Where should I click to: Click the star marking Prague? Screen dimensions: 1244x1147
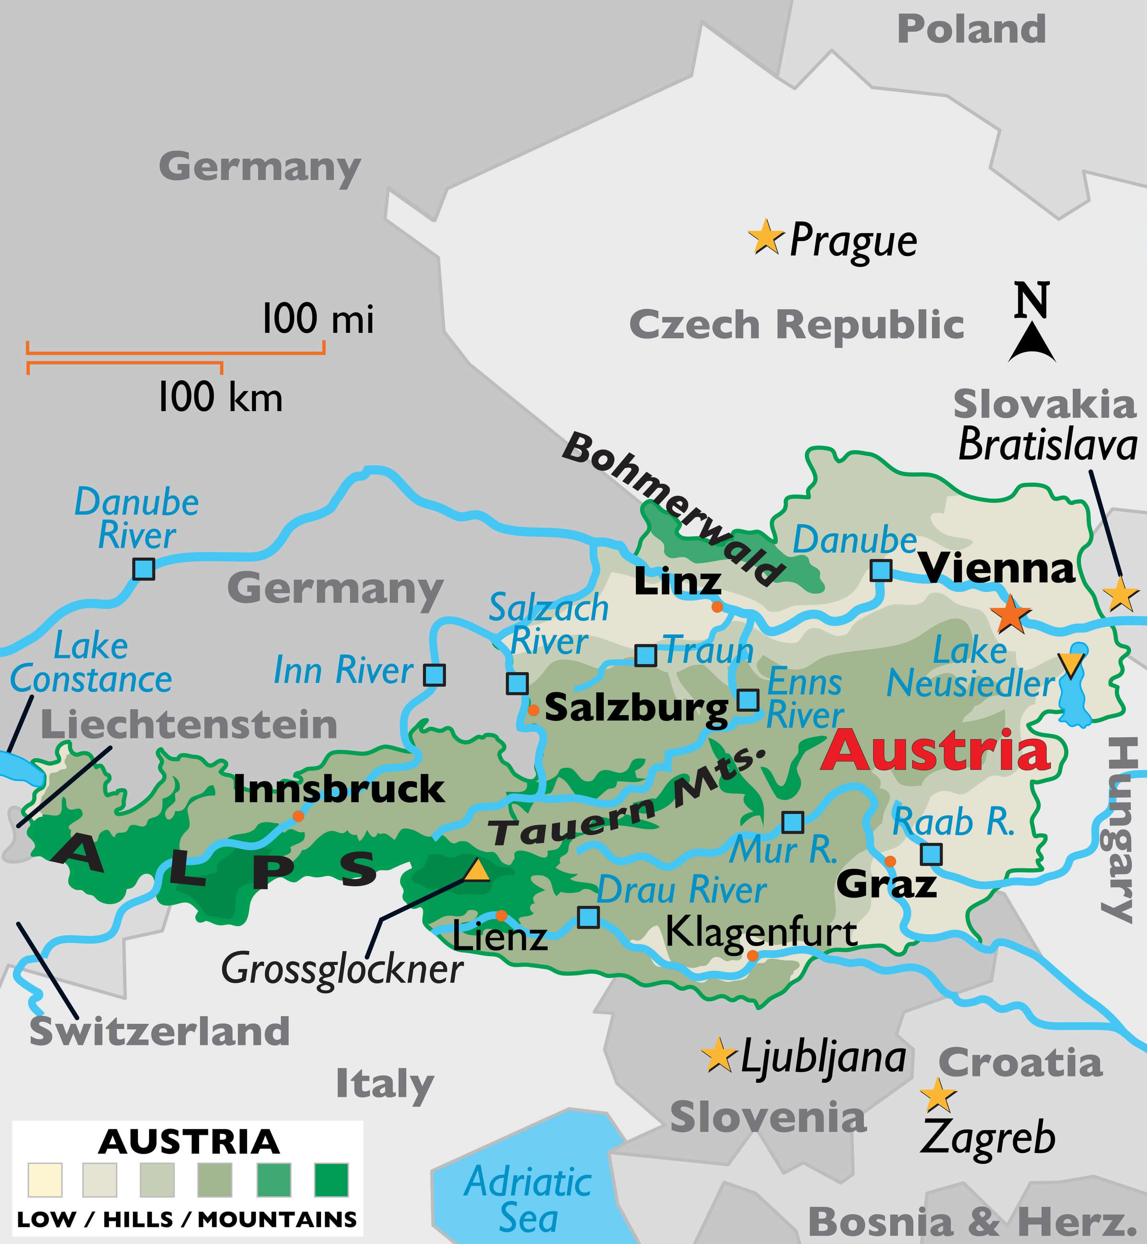coord(766,237)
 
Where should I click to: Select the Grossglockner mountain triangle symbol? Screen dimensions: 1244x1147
coord(477,870)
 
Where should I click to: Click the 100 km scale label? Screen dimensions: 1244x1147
coord(220,397)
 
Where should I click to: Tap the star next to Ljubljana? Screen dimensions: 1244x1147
coord(718,1055)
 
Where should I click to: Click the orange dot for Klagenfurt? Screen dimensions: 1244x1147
coord(752,956)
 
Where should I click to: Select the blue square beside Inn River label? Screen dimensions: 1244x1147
coord(435,675)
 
